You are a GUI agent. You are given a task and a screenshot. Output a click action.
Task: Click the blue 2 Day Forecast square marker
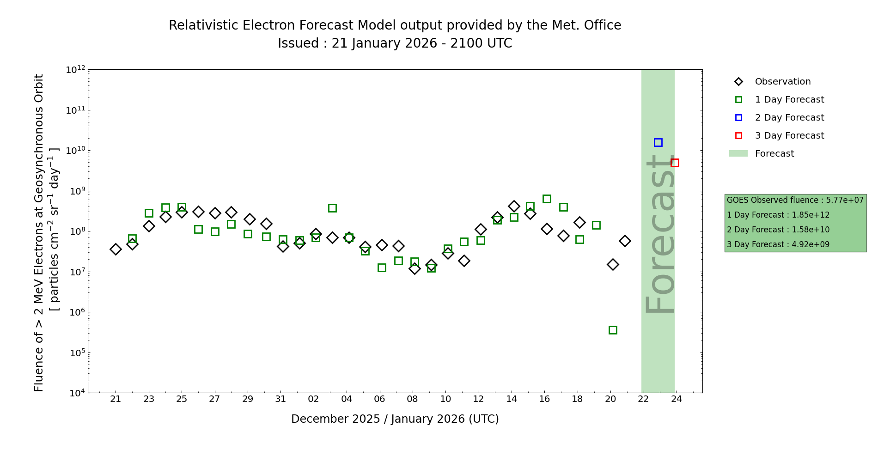click(x=658, y=143)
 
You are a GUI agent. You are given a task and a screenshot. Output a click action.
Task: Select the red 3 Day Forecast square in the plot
click(x=675, y=163)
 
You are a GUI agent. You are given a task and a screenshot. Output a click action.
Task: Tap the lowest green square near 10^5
click(x=613, y=330)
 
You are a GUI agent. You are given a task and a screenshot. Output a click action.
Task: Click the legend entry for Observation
click(x=782, y=82)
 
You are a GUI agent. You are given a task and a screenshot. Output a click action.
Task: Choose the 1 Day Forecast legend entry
click(x=789, y=100)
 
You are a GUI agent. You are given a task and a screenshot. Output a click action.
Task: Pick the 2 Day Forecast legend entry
click(x=789, y=118)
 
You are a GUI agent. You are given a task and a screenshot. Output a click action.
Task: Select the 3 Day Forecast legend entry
click(x=789, y=136)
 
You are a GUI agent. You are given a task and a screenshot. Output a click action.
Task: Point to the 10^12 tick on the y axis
click(x=76, y=70)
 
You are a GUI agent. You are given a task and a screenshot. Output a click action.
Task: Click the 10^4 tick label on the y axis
click(x=76, y=393)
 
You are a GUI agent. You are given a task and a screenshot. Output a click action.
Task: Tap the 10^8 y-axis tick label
click(x=76, y=231)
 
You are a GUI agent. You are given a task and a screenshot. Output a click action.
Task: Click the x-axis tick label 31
click(x=281, y=399)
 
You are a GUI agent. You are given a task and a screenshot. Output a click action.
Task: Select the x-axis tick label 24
click(x=677, y=399)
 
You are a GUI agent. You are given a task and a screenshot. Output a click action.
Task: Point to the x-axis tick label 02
click(x=314, y=399)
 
